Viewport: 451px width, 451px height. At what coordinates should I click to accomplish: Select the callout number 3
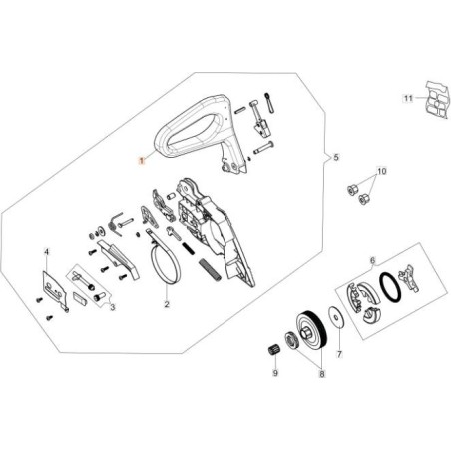(x=112, y=309)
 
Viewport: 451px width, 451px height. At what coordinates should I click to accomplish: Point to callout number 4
(x=46, y=253)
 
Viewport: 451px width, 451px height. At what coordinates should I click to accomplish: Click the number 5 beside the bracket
(x=337, y=158)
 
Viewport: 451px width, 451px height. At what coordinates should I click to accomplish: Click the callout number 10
(x=380, y=172)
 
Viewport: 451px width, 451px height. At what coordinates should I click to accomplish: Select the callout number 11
(x=407, y=98)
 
